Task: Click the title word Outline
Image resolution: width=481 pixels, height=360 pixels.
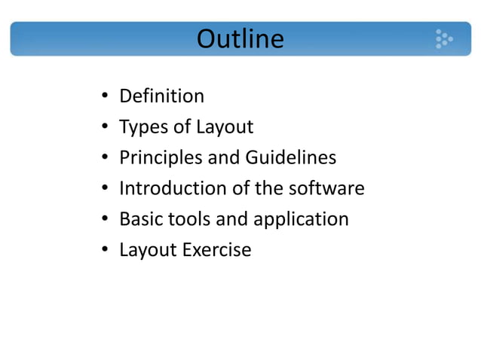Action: pos(240,38)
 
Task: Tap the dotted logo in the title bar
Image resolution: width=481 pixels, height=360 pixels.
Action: pos(443,38)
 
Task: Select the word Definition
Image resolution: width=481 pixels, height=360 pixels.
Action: pos(161,96)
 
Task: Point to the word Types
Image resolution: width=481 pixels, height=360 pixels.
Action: pos(143,127)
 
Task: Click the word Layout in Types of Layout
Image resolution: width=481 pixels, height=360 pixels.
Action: pos(224,127)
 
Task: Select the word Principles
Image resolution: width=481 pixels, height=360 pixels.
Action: pos(161,158)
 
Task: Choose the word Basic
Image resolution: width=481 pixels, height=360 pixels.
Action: pos(140,219)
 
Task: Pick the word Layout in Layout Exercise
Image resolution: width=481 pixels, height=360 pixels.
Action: pos(148,250)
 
